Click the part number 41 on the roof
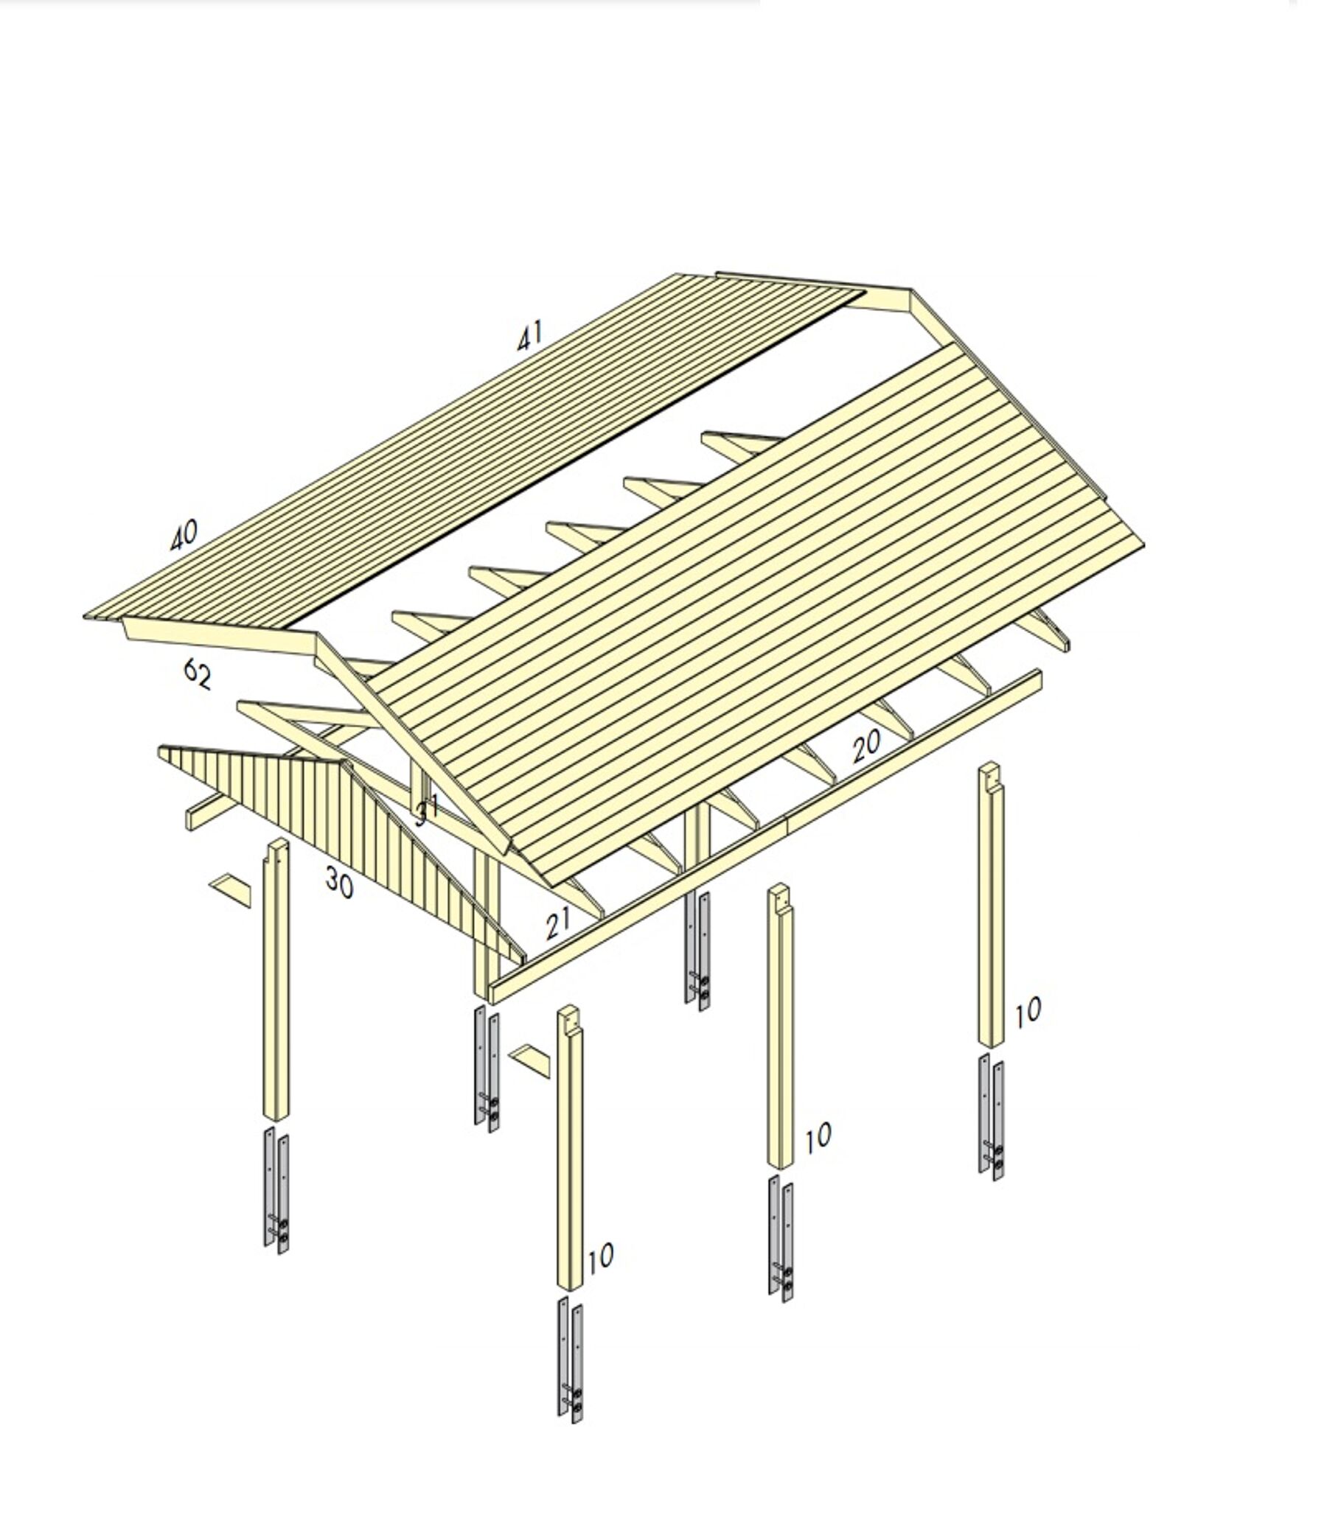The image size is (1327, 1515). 529,336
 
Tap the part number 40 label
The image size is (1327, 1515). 184,535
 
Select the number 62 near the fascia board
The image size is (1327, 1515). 197,674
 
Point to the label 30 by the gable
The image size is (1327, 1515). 339,882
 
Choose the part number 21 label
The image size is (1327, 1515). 558,922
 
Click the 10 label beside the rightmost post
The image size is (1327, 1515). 1027,1012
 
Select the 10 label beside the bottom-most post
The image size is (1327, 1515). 601,1256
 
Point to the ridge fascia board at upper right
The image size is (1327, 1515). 885,301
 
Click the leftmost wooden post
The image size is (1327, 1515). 276,984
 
